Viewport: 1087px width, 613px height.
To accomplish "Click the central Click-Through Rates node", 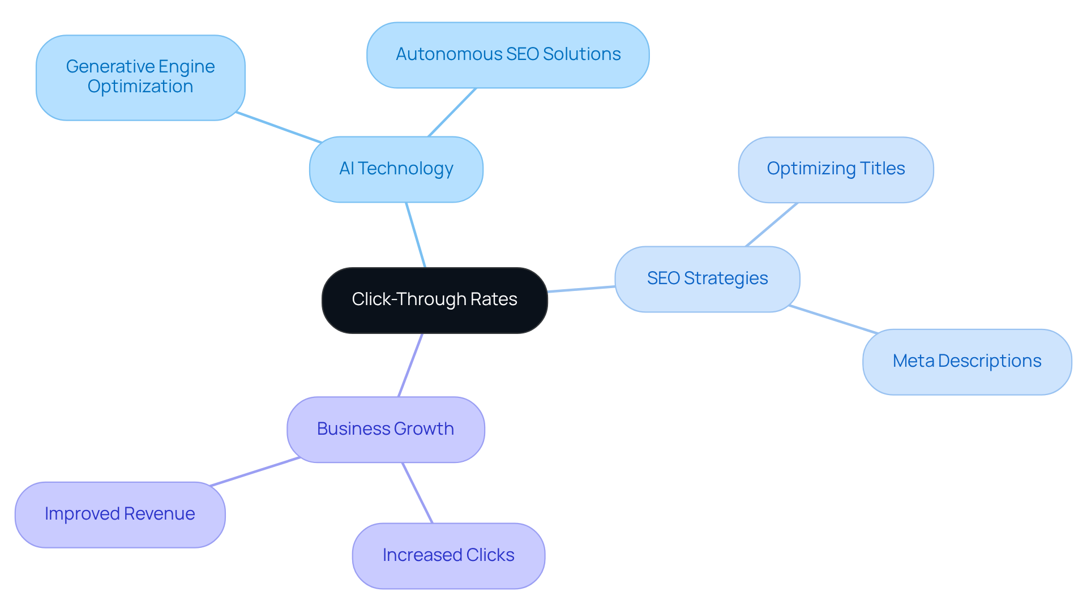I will pos(434,300).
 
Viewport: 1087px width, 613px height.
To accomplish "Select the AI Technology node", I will pos(396,169).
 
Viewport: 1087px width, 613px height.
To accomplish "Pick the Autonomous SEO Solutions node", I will pos(508,55).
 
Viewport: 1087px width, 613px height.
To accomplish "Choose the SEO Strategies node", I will pos(707,278).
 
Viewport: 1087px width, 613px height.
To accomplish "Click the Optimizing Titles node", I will pos(836,169).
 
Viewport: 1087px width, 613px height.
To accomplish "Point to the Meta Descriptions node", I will pos(966,362).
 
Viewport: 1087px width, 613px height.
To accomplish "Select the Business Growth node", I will pos(386,429).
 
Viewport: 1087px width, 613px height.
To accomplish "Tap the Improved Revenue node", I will pos(120,514).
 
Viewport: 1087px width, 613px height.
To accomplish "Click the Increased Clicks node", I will pos(448,555).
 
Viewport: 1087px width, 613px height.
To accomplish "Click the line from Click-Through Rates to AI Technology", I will pos(416,235).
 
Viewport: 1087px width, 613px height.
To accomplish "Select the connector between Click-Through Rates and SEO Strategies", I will pos(581,289).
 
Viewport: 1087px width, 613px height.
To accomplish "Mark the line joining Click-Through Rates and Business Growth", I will pos(410,365).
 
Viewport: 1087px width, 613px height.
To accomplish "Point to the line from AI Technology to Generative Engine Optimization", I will pos(279,127).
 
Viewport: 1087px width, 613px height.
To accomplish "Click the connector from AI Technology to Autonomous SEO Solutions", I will pos(452,112).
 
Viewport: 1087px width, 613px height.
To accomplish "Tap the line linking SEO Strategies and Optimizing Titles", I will pos(772,225).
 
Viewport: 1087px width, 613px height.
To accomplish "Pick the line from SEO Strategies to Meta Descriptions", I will pos(833,319).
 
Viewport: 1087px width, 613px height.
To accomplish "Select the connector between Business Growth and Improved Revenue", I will pos(255,471).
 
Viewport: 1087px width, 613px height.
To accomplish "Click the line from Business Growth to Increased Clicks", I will pos(417,492).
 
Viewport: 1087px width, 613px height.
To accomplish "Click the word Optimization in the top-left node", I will pos(140,87).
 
